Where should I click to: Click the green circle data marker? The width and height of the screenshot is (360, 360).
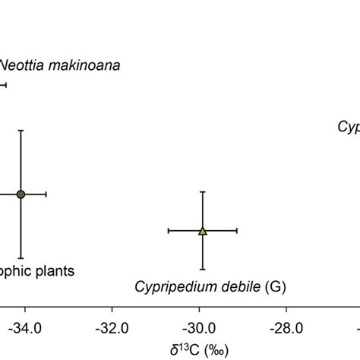point(21,194)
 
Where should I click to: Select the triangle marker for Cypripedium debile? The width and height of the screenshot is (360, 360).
point(202,230)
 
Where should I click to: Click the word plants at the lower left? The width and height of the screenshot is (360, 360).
point(53,270)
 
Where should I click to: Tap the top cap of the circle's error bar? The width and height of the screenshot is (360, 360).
point(21,130)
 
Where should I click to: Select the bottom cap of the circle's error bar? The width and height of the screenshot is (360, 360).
point(21,259)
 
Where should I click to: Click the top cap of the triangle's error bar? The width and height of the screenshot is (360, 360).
point(202,191)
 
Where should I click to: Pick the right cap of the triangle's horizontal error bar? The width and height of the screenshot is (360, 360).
point(238,230)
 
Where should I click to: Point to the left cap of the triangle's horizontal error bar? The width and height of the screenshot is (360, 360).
point(167,230)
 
